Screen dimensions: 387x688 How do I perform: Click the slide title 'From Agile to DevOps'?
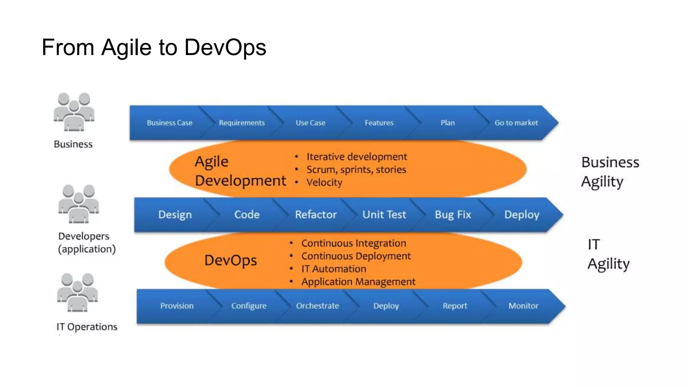[x=154, y=47]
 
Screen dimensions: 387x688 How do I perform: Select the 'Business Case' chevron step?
[x=169, y=123]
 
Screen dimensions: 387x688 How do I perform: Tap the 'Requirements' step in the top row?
[x=242, y=123]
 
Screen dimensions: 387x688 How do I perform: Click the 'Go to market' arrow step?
[x=516, y=123]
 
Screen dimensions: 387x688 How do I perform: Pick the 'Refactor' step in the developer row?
[x=316, y=215]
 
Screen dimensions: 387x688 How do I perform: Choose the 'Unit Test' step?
[x=384, y=215]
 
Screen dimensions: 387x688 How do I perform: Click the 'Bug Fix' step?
[x=453, y=215]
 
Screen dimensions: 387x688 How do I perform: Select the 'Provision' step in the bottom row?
[x=177, y=306]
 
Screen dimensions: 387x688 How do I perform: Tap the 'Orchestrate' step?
[x=317, y=306]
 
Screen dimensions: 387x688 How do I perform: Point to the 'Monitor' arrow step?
[x=523, y=306]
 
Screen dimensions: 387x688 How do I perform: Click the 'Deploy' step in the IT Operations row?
[x=386, y=306]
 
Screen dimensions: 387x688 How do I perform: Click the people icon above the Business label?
[x=74, y=112]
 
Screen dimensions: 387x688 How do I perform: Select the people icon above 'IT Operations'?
[x=77, y=293]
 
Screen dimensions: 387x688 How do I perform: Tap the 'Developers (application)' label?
[x=86, y=243]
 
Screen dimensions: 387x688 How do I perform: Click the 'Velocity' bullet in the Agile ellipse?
[x=324, y=182]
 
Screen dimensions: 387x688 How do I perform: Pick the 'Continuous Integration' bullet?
[x=353, y=243]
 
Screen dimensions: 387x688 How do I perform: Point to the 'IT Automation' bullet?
[x=333, y=269]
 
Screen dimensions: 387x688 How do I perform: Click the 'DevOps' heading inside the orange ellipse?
[x=230, y=261]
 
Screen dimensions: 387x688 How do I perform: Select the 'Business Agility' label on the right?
[x=610, y=172]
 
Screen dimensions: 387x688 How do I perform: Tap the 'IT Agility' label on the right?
[x=608, y=254]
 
